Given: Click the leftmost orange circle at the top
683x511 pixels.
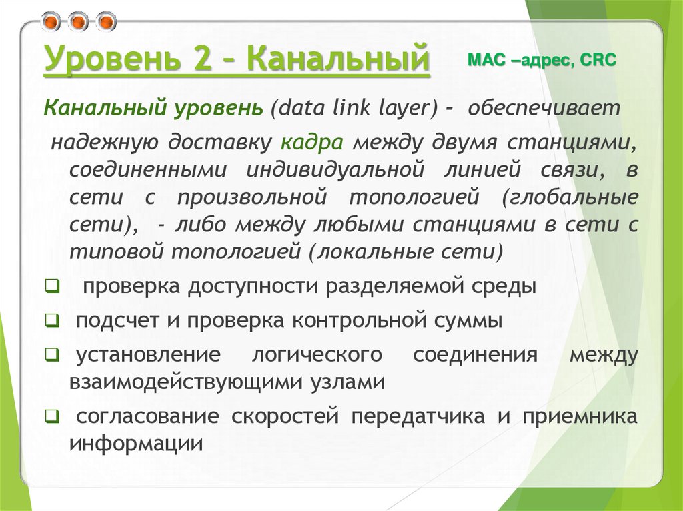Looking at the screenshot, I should coord(51,23).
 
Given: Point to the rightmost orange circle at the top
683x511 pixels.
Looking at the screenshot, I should coord(106,23).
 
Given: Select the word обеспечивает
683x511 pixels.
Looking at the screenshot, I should coord(544,109).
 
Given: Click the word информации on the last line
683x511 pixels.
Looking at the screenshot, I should coord(135,444).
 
